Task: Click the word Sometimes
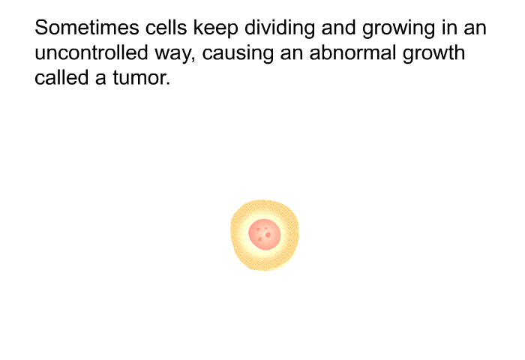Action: (87, 28)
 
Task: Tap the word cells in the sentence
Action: (166, 28)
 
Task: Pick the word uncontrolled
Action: (91, 53)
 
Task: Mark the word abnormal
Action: (352, 53)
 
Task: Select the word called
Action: (61, 78)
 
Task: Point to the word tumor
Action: (139, 78)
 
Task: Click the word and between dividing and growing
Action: (338, 28)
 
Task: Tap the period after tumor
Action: (168, 85)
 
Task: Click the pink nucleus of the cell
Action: (265, 235)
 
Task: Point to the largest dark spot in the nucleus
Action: (268, 235)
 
